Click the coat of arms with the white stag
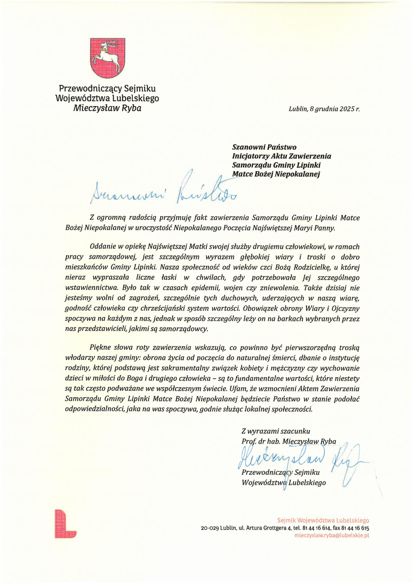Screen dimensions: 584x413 pyautogui.click(x=107, y=58)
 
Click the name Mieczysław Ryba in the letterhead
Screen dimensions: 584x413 pyautogui.click(x=107, y=108)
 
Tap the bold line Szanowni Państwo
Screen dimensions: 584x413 pyautogui.click(x=264, y=147)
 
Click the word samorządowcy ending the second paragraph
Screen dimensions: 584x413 pyautogui.click(x=184, y=329)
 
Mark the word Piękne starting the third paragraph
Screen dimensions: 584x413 pyautogui.click(x=100, y=347)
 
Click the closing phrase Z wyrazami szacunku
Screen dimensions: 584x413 pyautogui.click(x=276, y=431)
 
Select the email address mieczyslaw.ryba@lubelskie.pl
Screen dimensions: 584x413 pyautogui.click(x=332, y=536)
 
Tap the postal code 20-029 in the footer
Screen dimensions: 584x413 pyautogui.click(x=210, y=528)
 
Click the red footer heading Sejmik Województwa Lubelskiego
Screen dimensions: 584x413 pyautogui.click(x=323, y=520)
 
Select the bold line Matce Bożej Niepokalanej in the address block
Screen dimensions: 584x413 pyautogui.click(x=276, y=174)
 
